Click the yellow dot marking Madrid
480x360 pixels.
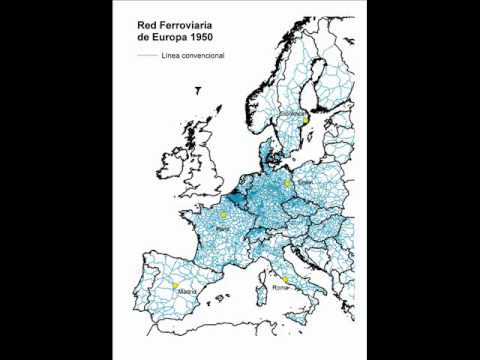(175, 285)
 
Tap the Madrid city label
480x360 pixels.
(176, 294)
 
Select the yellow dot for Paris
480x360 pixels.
(226, 215)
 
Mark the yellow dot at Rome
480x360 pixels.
(286, 279)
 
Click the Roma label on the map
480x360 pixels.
(281, 288)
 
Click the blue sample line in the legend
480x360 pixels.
(147, 56)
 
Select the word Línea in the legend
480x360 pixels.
(170, 56)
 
